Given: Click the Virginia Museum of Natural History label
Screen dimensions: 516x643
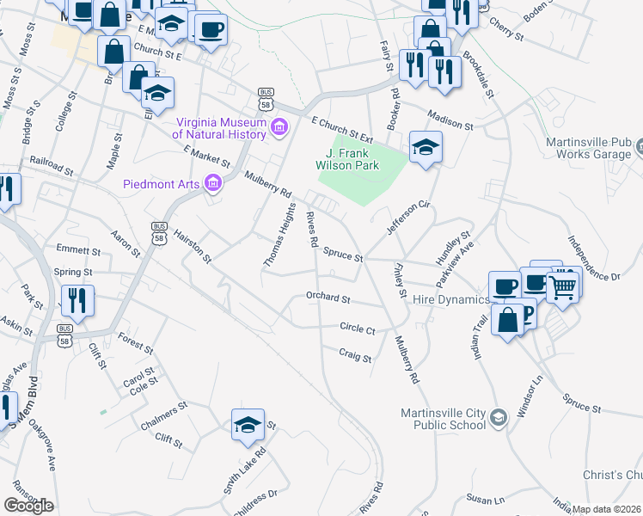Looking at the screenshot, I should (x=221, y=127).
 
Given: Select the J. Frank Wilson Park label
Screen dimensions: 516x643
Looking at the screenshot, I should (x=353, y=153).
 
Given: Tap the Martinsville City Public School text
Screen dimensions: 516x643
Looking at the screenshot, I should (x=439, y=417).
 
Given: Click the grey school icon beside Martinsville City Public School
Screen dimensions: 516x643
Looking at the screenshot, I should (x=498, y=417).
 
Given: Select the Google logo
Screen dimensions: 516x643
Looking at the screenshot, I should (x=28, y=505).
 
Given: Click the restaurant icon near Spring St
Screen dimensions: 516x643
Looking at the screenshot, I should (x=77, y=301).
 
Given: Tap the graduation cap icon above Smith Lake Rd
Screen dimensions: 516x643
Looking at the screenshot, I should (x=248, y=425).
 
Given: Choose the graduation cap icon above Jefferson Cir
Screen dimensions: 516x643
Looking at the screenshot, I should (x=426, y=148).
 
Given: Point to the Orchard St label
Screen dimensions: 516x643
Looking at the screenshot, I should (x=328, y=298).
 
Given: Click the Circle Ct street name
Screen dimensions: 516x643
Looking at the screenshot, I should (x=358, y=329).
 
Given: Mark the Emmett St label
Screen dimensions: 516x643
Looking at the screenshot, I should (x=73, y=250).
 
